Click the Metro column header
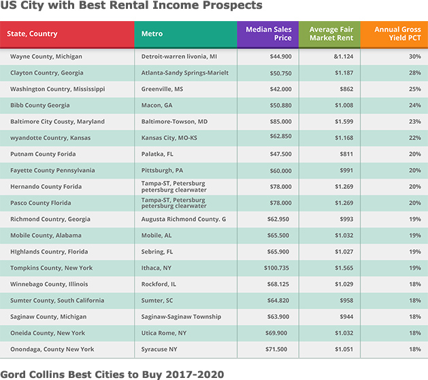[x=152, y=33]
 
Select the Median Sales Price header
[x=269, y=33]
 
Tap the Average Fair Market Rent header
[x=331, y=33]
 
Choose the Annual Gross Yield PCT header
[x=397, y=33]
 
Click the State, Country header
[x=32, y=34]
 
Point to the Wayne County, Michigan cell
[x=46, y=56]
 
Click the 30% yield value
[x=414, y=56]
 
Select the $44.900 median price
[x=280, y=56]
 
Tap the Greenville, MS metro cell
[x=162, y=89]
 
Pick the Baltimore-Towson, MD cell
[x=174, y=122]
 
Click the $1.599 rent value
[x=344, y=122]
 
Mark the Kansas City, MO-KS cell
[x=169, y=138]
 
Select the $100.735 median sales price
[x=276, y=268]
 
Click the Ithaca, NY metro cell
[x=156, y=268]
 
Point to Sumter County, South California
[x=57, y=300]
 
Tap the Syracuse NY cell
[x=159, y=349]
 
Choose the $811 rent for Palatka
[x=346, y=154]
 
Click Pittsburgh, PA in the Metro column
[x=162, y=171]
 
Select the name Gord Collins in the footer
[x=31, y=375]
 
